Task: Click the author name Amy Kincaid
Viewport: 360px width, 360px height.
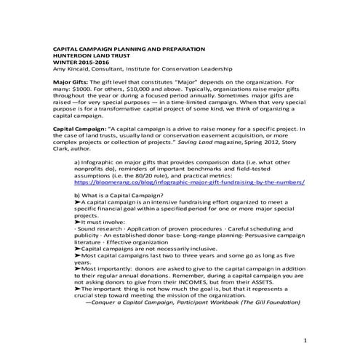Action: click(x=72, y=71)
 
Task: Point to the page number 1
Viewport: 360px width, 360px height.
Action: click(x=305, y=340)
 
